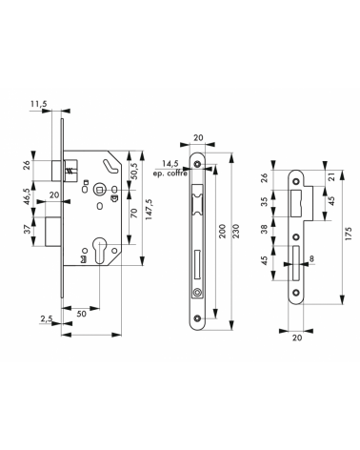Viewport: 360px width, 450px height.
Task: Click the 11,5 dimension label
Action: click(x=39, y=104)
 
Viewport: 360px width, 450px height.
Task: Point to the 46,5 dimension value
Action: click(x=27, y=197)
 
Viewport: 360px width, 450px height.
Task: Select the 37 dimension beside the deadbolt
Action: click(x=27, y=229)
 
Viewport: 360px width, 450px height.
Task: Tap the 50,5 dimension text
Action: click(x=134, y=171)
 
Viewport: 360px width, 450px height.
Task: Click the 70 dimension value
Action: click(x=134, y=213)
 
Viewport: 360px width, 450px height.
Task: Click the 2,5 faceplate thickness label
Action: click(x=47, y=318)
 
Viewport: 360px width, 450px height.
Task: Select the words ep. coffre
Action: click(x=170, y=174)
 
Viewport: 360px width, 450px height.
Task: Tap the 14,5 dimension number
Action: click(x=170, y=164)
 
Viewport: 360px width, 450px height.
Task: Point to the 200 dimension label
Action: click(x=222, y=231)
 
